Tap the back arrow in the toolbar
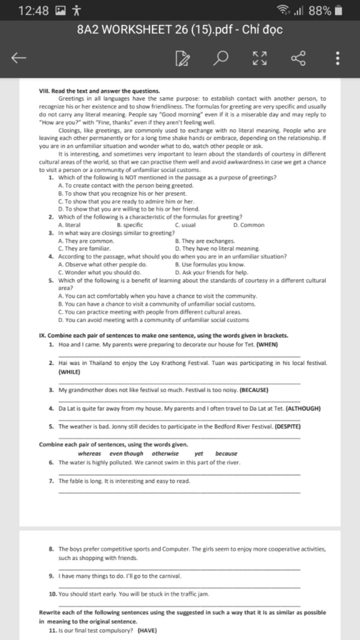(x=19, y=58)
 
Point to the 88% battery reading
(x=320, y=11)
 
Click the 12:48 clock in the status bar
(x=33, y=11)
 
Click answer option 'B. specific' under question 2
(x=130, y=225)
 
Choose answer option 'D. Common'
(x=249, y=225)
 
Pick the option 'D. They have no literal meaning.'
(x=217, y=249)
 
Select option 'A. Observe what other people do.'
(x=103, y=264)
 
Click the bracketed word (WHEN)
(x=267, y=345)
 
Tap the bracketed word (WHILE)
(x=69, y=372)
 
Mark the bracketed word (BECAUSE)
(x=254, y=390)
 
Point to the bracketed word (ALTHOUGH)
(x=303, y=409)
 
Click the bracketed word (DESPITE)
(x=288, y=427)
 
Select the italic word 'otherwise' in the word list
(x=165, y=454)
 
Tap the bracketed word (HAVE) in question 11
(x=147, y=631)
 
